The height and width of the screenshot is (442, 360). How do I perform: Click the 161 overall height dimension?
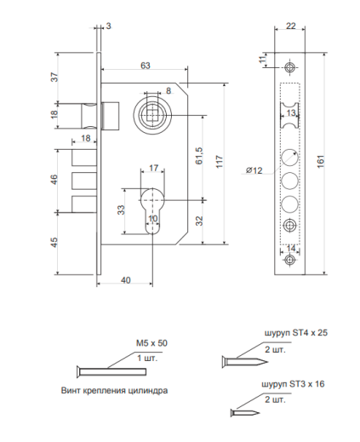pos(321,162)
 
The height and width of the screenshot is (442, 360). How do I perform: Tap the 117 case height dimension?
pos(220,162)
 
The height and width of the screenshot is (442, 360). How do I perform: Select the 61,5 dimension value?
pos(199,156)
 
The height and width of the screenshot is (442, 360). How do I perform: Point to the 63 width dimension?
pos(146,66)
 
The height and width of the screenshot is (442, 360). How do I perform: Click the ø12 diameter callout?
pos(254,170)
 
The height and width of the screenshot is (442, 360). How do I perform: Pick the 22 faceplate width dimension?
pos(291,26)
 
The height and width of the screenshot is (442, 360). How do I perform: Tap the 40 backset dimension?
pos(126,280)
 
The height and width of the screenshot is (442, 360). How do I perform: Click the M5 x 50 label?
pos(151,343)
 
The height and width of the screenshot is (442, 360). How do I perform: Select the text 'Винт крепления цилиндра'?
pos(114,390)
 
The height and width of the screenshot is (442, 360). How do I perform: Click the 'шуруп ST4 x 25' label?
pos(296,332)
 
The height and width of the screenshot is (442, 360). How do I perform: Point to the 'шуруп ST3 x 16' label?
pos(293,384)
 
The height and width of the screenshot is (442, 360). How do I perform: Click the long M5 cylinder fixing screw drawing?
pos(111,371)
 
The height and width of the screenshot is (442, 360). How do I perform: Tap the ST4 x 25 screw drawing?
pos(245,362)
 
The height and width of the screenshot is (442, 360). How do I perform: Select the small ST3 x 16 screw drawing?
pos(245,413)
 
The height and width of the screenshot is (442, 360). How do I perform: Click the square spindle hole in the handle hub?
pos(153,114)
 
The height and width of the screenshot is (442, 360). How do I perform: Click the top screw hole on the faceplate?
pos(289,67)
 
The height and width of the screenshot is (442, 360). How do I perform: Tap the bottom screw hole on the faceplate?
pos(289,260)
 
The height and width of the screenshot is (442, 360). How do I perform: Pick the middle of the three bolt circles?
pos(289,181)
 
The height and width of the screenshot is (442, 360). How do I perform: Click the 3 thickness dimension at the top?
pos(109,26)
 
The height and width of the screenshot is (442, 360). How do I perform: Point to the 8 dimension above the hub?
pos(169,91)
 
